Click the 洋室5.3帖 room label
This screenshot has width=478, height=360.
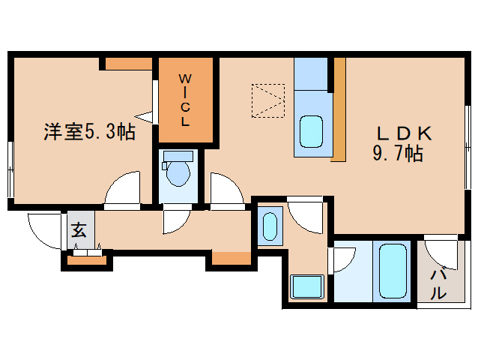click(88, 133)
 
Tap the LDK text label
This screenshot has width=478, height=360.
click(403, 134)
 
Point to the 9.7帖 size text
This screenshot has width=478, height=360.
click(398, 155)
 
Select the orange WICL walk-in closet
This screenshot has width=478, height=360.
click(186, 100)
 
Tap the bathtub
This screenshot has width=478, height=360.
click(393, 271)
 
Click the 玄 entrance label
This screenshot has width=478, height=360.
click(79, 230)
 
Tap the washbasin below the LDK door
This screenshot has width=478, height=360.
click(270, 226)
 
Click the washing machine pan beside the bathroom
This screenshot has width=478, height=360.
click(306, 286)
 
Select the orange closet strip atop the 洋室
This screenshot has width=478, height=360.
click(128, 63)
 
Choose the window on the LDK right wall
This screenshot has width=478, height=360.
click(467, 135)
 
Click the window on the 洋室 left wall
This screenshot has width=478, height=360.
click(10, 170)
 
